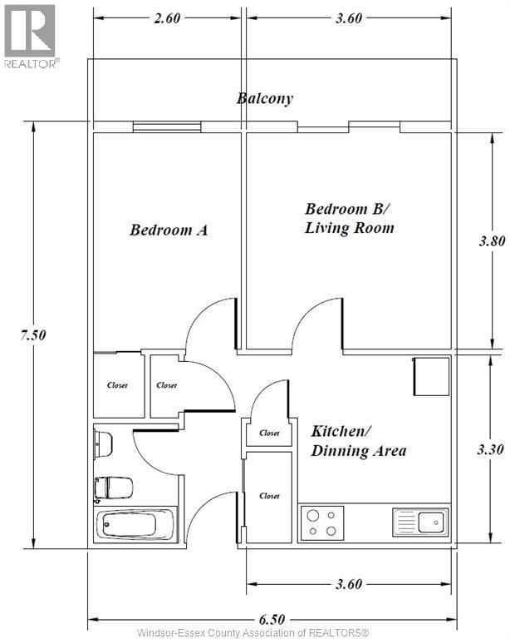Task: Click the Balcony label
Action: pos(265,99)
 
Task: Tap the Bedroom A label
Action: pos(169,230)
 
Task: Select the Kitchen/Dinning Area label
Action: pos(359,441)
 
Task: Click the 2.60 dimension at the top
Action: pos(167,18)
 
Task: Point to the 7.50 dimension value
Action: pos(33,335)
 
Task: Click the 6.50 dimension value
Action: pos(272,619)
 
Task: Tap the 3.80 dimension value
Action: pos(492,240)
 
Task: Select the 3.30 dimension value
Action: pos(490,449)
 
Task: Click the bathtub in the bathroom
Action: pos(136,524)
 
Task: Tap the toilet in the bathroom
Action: pos(114,488)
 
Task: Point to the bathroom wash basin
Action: pos(103,444)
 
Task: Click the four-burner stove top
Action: pos(321,523)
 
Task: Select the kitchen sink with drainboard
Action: pos(420,522)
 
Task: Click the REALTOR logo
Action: pos(31,37)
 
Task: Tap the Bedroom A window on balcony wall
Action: pos(167,126)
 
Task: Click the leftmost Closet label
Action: pos(117,385)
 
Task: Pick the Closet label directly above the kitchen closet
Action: pos(269,433)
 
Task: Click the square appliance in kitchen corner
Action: pos(431,376)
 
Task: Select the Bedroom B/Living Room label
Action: pos(350,218)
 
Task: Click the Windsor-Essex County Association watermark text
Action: pos(253,633)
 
